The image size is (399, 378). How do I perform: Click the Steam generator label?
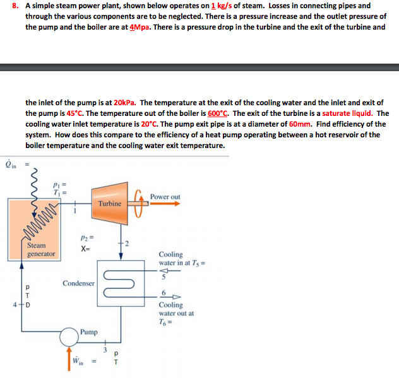[40, 250]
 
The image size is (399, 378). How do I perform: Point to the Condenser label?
[79, 283]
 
